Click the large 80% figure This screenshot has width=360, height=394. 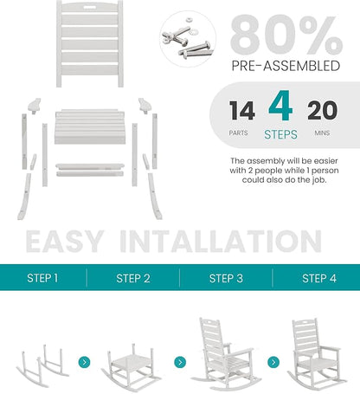[286, 36]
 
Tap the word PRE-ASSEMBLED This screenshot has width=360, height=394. [286, 66]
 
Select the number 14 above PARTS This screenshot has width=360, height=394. [242, 111]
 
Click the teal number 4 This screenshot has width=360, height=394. [280, 106]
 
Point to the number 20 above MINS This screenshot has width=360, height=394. [322, 111]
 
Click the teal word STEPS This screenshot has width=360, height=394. [280, 134]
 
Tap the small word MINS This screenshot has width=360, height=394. [322, 133]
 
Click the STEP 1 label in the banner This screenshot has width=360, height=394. [42, 278]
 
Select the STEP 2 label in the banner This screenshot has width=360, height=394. [133, 279]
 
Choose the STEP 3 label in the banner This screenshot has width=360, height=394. [226, 279]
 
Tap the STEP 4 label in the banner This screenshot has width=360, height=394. [319, 279]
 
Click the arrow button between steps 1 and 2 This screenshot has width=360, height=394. [84, 362]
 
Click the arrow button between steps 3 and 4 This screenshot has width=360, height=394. [273, 362]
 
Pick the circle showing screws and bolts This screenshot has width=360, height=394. [188, 39]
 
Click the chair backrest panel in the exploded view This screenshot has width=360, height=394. [90, 44]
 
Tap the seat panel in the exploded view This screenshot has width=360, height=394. [90, 126]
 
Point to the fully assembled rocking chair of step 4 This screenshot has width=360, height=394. [317, 353]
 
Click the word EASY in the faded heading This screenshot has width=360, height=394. [65, 242]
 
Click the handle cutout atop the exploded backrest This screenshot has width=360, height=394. [90, 6]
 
